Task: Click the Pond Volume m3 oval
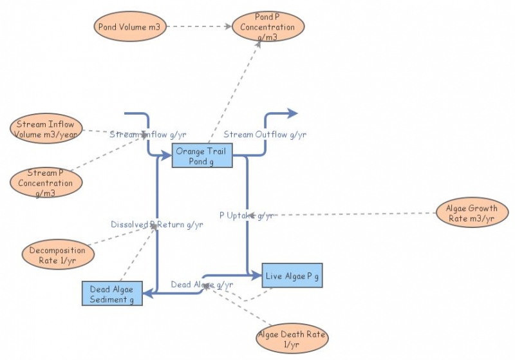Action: click(131, 26)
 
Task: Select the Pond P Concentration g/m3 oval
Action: click(268, 27)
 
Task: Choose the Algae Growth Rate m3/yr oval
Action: click(471, 214)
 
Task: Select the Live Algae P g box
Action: click(292, 276)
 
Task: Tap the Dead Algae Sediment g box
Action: click(112, 294)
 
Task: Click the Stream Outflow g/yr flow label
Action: click(265, 135)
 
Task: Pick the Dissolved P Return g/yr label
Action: click(156, 225)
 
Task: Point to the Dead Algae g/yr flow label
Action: click(201, 285)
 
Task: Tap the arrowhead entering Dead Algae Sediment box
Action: click(147, 294)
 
